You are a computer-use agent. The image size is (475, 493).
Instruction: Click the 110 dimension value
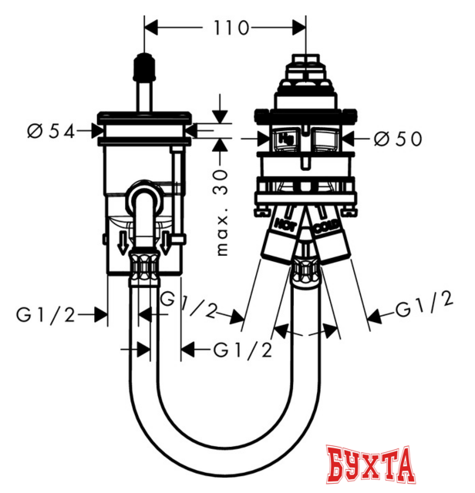(x=231, y=29)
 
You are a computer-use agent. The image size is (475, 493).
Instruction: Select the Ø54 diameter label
(x=50, y=132)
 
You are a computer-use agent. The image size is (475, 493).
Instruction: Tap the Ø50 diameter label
(x=398, y=139)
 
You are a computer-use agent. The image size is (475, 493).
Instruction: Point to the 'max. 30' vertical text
(x=225, y=211)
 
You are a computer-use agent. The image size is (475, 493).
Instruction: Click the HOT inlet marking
(x=283, y=225)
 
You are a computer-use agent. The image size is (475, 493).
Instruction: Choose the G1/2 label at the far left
(x=45, y=314)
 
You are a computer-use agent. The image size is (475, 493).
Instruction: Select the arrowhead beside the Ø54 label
(x=93, y=132)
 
